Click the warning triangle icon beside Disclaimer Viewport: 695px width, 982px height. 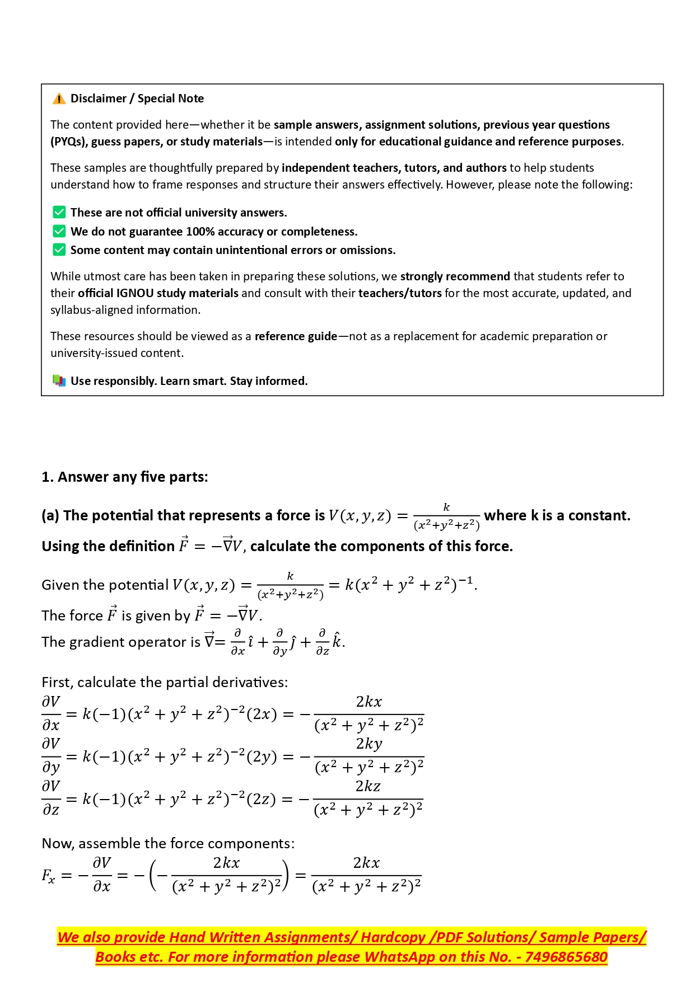[59, 99]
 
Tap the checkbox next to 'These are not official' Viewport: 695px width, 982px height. [59, 212]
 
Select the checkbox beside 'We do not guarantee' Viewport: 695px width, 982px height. [59, 231]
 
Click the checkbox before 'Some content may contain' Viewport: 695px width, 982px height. [59, 250]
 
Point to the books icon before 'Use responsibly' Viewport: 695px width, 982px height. [59, 381]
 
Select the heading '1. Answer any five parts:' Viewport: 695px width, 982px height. [125, 477]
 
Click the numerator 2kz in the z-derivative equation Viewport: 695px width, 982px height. [368, 786]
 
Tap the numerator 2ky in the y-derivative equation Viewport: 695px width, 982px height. [369, 744]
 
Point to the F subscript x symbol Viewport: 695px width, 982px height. [48, 876]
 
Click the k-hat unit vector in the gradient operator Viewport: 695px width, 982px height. [337, 641]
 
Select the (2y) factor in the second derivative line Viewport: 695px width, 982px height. [262, 757]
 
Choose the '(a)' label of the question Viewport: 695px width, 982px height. [50, 516]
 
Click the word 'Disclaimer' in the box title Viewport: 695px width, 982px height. [99, 98]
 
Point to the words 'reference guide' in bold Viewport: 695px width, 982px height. [296, 336]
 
